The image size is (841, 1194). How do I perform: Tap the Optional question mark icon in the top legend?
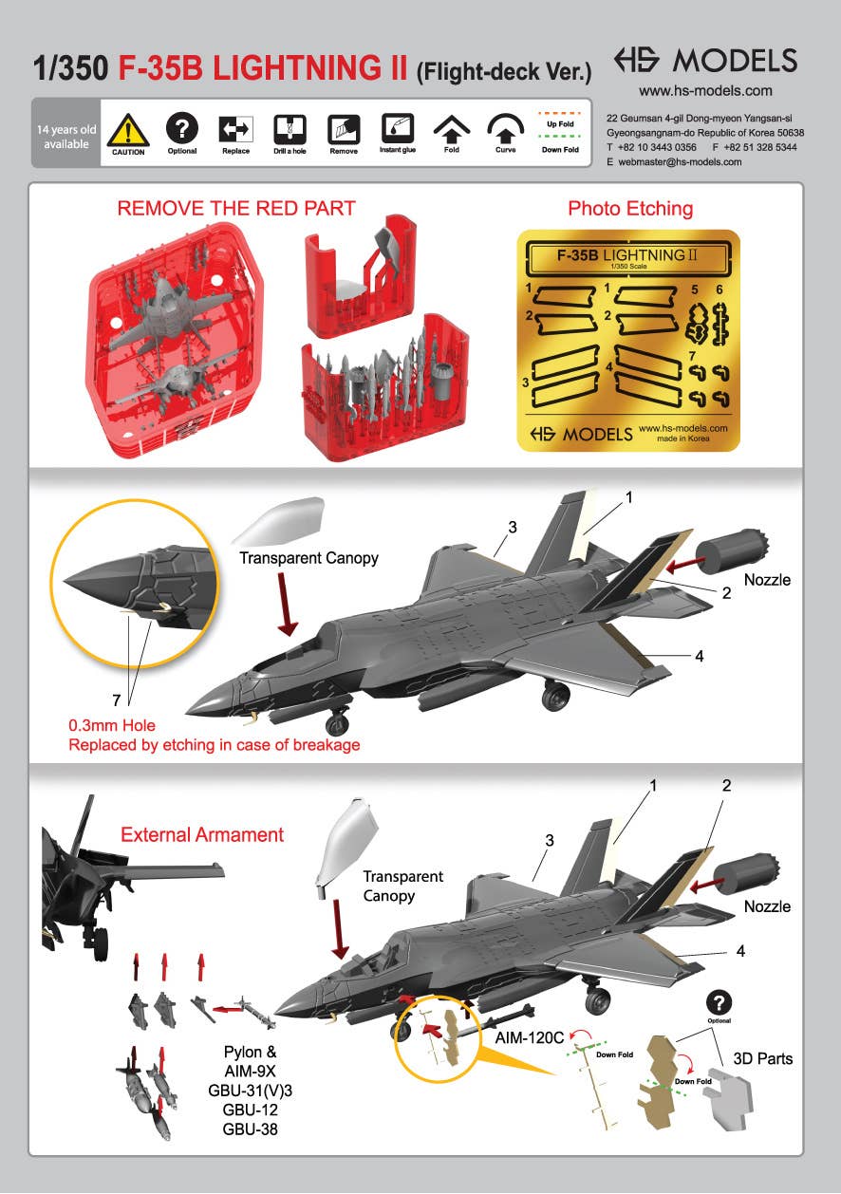(182, 128)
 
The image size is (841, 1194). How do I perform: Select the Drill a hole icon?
(290, 129)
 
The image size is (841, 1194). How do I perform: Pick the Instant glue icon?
(398, 128)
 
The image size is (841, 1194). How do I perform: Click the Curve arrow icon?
(505, 129)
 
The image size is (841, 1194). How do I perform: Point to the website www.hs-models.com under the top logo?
(705, 90)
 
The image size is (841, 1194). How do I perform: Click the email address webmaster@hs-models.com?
(680, 162)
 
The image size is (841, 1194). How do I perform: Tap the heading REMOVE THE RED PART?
(236, 209)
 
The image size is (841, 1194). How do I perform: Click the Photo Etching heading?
(630, 209)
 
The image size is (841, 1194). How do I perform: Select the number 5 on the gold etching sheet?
(695, 289)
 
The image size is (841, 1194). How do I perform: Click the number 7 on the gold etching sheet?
(692, 356)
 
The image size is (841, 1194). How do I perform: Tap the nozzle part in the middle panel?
(733, 550)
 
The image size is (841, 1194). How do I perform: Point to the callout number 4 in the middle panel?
(700, 656)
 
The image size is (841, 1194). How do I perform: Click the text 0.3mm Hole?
(112, 725)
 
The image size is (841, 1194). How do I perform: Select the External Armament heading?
(202, 834)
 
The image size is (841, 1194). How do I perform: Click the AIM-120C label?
(530, 1037)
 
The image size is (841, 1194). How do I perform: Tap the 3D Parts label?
(762, 1058)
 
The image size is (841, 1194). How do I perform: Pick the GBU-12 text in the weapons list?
(250, 1110)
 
